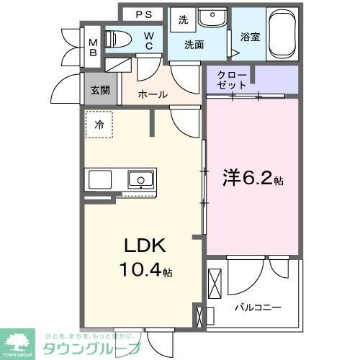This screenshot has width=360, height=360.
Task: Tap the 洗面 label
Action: pyautogui.click(x=194, y=45)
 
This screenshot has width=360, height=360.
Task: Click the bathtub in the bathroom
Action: pyautogui.click(x=281, y=34)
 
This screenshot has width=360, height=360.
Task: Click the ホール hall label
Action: pyautogui.click(x=153, y=94)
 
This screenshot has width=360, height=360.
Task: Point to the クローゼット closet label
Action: pyautogui.click(x=233, y=79)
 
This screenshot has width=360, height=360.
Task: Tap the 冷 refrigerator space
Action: pyautogui.click(x=99, y=124)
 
